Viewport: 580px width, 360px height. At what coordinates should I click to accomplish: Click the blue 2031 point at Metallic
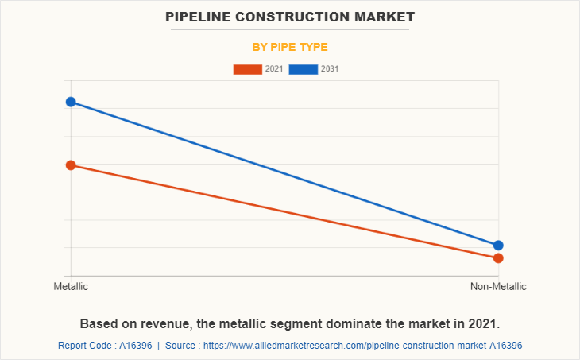point(71,102)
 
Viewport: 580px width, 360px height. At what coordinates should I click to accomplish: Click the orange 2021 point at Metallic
point(71,165)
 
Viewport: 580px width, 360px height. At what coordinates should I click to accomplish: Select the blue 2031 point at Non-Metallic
point(498,246)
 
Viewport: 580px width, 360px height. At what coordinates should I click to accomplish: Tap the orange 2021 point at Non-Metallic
point(498,258)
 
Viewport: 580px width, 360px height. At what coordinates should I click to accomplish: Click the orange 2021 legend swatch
point(247,69)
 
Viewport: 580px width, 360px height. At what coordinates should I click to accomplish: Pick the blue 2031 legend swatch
point(304,69)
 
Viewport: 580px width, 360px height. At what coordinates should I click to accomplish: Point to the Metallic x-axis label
point(71,286)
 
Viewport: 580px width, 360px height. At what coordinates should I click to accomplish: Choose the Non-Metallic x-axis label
point(498,286)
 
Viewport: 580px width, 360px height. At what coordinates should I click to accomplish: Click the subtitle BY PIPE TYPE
point(290,47)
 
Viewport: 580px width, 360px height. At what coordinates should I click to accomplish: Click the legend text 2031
point(330,69)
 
